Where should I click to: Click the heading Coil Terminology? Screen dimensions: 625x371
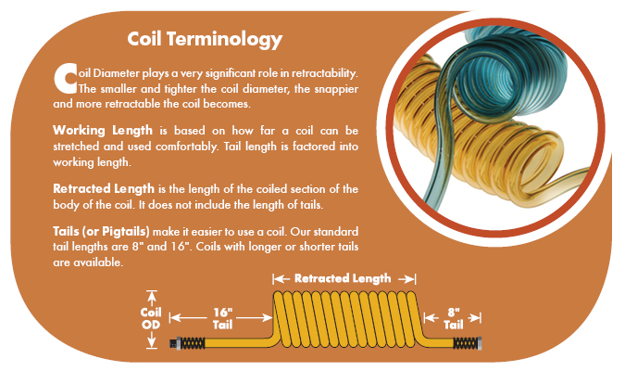point(205,40)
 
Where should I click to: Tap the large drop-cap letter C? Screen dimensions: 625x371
point(65,79)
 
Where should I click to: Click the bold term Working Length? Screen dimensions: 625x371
point(103,131)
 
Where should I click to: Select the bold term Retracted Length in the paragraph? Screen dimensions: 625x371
point(104,188)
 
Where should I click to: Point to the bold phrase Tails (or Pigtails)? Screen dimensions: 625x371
point(101,232)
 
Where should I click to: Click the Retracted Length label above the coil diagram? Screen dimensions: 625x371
point(343,278)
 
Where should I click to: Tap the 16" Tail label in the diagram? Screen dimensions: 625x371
point(222,318)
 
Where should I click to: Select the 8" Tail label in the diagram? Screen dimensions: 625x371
point(453,318)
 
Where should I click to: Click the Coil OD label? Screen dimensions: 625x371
point(151,318)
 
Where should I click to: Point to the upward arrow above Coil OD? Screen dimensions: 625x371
point(152,299)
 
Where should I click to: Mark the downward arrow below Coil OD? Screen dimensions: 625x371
point(152,339)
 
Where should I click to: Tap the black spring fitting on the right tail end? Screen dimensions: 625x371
point(468,343)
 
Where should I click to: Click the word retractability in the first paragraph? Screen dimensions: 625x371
point(324,73)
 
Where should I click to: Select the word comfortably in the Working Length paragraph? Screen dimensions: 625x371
point(187,147)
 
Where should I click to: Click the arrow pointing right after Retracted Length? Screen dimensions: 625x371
point(406,279)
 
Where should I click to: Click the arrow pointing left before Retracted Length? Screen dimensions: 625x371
point(281,279)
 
